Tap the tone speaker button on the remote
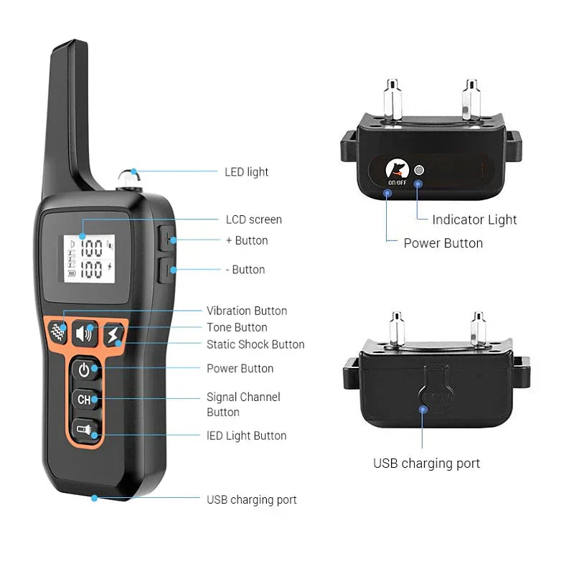click(x=85, y=334)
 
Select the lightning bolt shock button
click(x=112, y=334)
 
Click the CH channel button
click(x=85, y=399)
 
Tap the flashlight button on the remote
click(x=85, y=430)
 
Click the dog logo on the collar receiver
click(x=396, y=170)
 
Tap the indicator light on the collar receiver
click(x=420, y=171)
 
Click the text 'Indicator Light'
click(x=474, y=220)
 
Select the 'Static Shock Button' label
click(x=255, y=344)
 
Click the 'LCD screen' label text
click(x=254, y=220)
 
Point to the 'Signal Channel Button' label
click(x=243, y=404)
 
